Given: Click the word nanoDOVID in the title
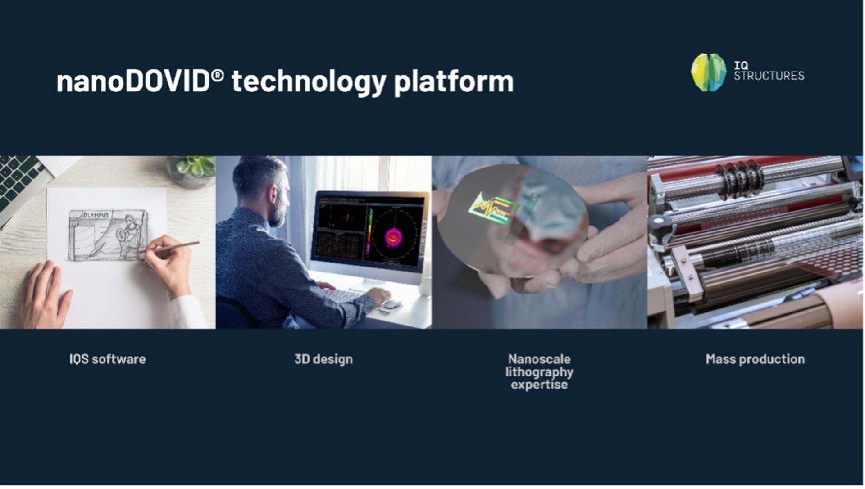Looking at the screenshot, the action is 133,81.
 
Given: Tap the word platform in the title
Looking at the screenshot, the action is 454,82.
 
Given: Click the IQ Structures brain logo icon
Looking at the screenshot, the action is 709,72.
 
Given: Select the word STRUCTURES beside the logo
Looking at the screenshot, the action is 769,76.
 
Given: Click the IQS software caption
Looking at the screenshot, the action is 107,359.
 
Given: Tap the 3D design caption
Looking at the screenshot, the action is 323,359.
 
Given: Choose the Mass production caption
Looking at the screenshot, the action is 755,359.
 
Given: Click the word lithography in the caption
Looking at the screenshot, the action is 539,372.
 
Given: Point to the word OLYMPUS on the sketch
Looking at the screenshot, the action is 96,215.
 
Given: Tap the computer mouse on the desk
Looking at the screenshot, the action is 392,304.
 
